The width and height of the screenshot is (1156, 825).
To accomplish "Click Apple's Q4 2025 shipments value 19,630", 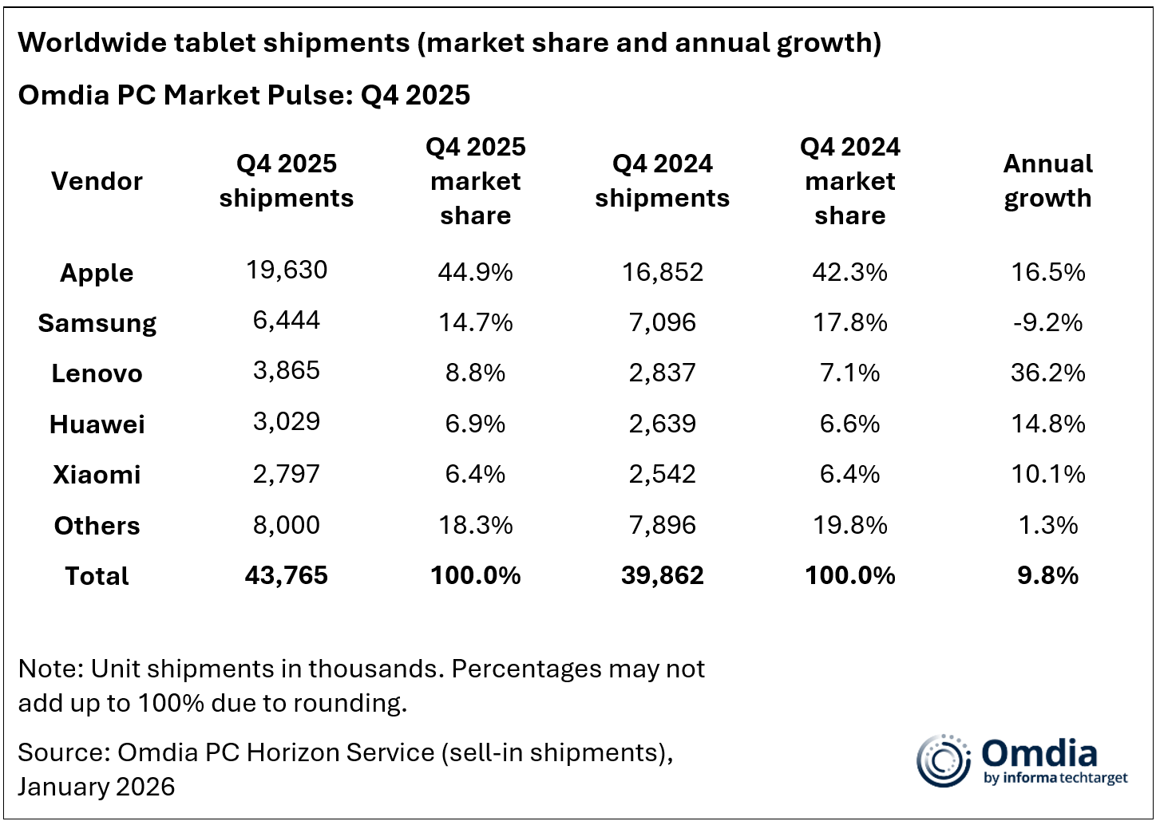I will [x=287, y=270].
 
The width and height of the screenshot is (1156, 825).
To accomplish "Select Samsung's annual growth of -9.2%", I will [x=1047, y=322].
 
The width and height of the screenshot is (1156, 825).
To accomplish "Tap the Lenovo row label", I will [x=97, y=373].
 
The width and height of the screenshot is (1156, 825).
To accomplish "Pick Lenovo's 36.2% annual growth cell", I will [x=1047, y=373].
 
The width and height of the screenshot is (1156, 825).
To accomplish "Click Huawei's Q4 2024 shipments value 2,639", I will [x=662, y=424].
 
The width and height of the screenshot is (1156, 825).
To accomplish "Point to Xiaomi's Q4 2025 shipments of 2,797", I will [x=287, y=474].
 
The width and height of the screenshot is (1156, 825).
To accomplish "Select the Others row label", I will [x=97, y=526].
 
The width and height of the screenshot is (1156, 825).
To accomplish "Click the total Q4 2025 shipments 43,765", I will [x=287, y=576].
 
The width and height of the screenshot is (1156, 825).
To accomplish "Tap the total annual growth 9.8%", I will [x=1047, y=576].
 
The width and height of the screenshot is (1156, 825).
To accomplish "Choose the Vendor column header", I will [x=97, y=181].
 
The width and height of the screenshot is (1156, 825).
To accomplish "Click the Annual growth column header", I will [x=1047, y=181].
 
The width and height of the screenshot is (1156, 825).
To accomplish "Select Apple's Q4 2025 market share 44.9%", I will [x=475, y=272].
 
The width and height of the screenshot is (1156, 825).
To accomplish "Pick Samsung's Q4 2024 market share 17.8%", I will [x=849, y=322].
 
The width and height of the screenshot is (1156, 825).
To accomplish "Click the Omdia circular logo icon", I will [x=943, y=760].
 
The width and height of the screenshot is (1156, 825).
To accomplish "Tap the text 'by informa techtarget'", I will [x=1055, y=779].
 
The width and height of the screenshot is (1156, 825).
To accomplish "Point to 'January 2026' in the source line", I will [x=97, y=787].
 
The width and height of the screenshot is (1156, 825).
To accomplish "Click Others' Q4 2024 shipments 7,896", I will [x=662, y=525].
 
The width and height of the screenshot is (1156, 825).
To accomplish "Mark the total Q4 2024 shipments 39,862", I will [x=662, y=576].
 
